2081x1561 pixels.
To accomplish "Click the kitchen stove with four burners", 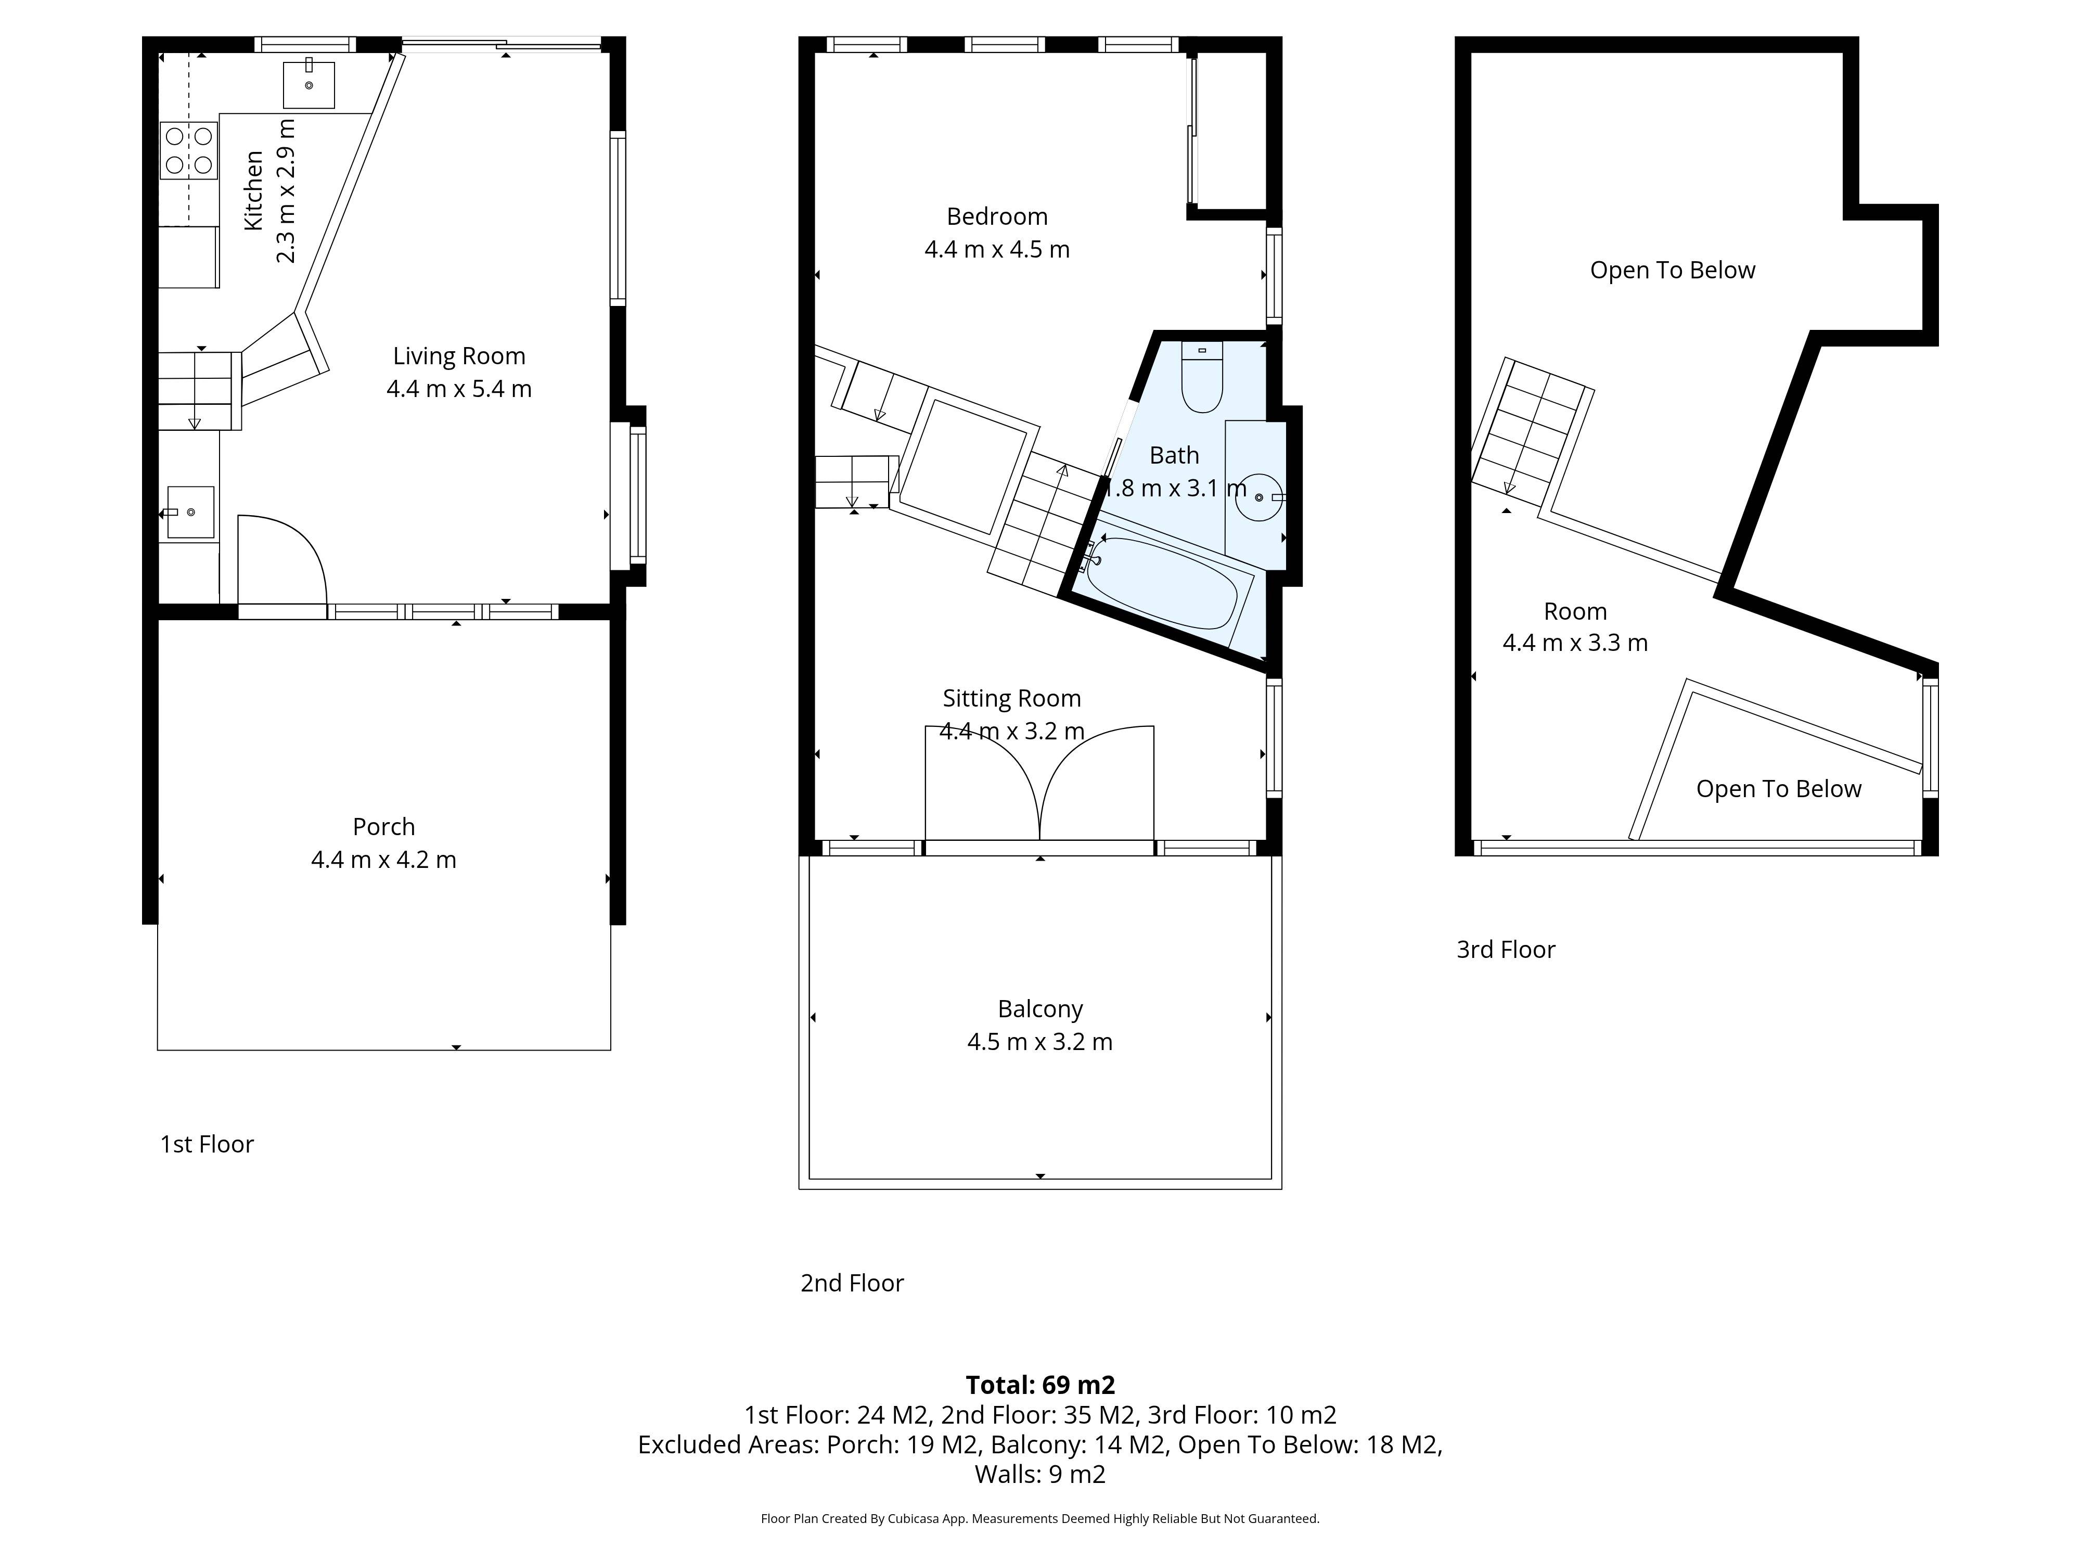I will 188,150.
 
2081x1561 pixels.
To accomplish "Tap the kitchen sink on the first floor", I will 309,85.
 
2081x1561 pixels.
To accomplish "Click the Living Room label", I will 459,356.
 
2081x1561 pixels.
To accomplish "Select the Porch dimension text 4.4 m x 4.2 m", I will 384,859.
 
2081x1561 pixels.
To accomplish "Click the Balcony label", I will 1039,1009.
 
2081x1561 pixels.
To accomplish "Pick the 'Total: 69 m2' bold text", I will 1039,1384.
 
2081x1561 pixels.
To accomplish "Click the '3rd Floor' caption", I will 1505,950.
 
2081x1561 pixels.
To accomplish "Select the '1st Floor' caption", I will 207,1144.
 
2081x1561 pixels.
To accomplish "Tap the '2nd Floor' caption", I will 852,1283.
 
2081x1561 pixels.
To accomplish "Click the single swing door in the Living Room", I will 280,565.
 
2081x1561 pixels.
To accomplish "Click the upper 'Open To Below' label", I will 1672,270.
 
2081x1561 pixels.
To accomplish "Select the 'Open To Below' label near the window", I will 1778,788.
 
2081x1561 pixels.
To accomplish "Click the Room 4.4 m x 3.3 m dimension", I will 1575,643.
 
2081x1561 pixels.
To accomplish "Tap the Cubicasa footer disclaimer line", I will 1039,1518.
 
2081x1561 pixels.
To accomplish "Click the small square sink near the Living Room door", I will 191,512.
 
